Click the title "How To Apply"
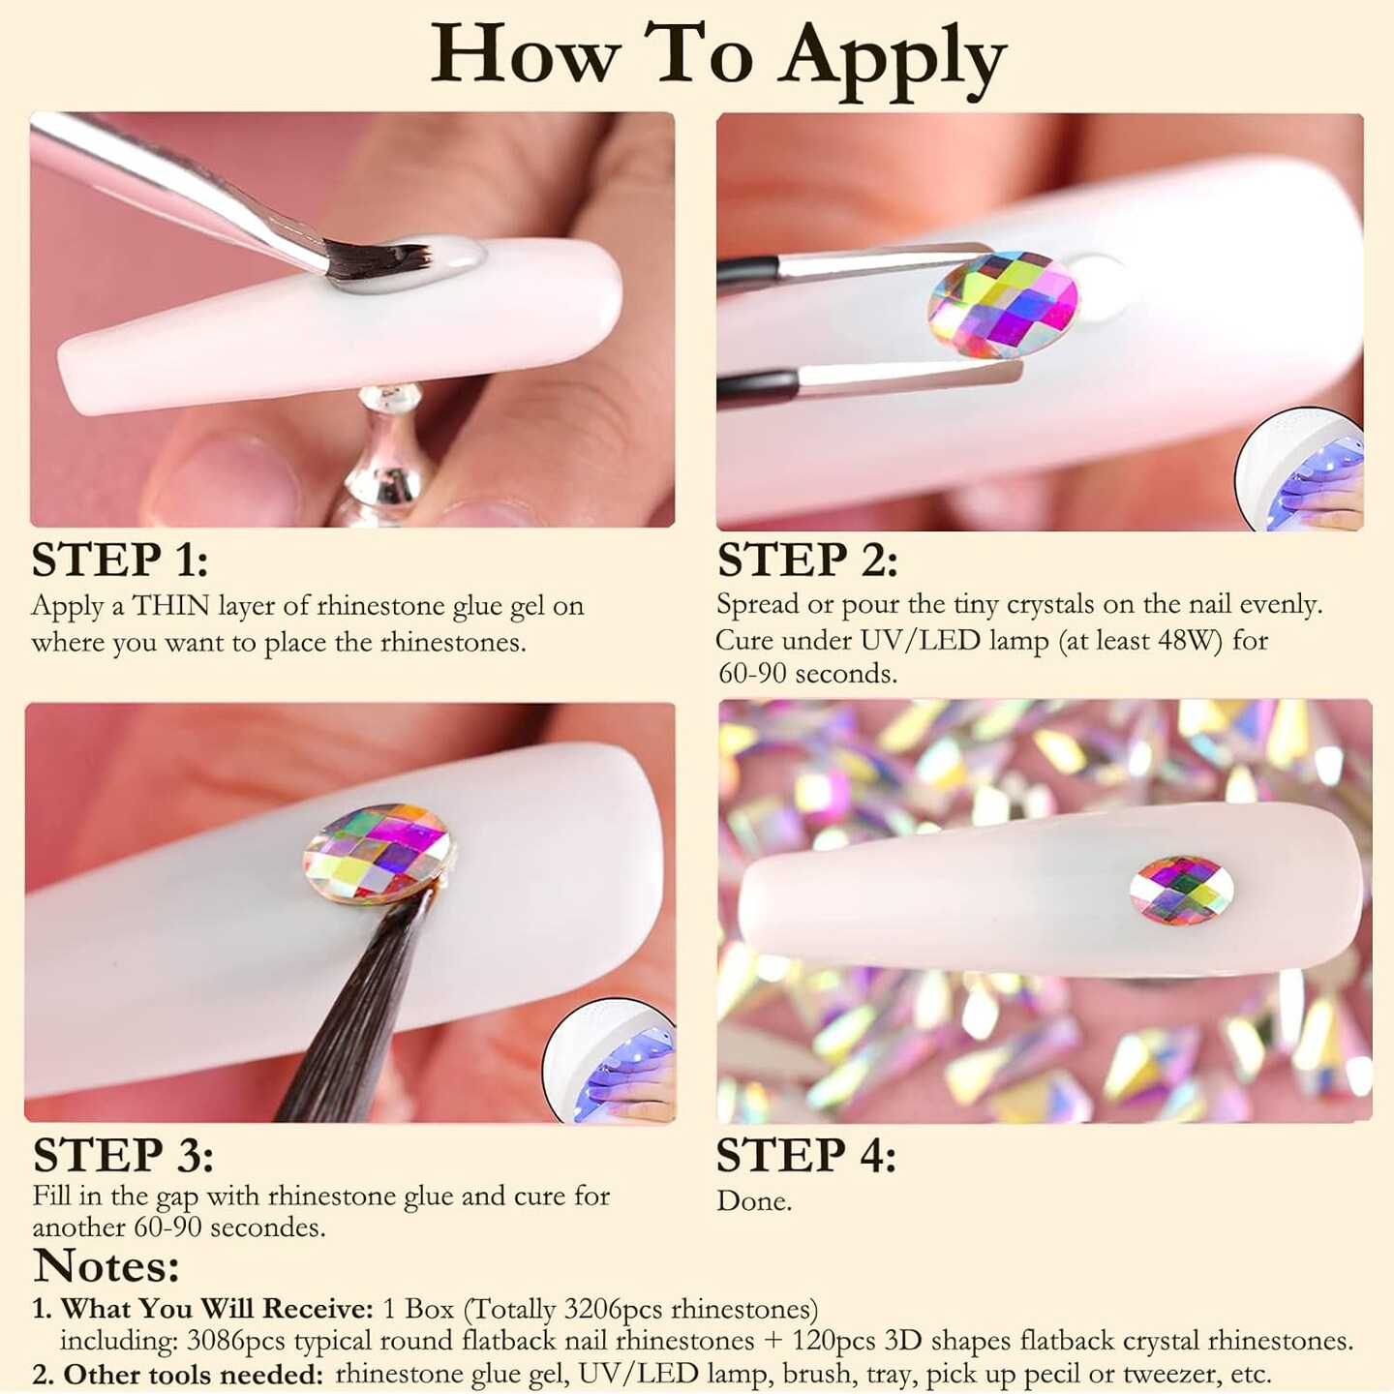pos(718,61)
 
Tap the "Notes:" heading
pos(106,1266)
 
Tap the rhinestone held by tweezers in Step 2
pos(1003,304)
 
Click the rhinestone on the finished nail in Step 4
pos(1181,891)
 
